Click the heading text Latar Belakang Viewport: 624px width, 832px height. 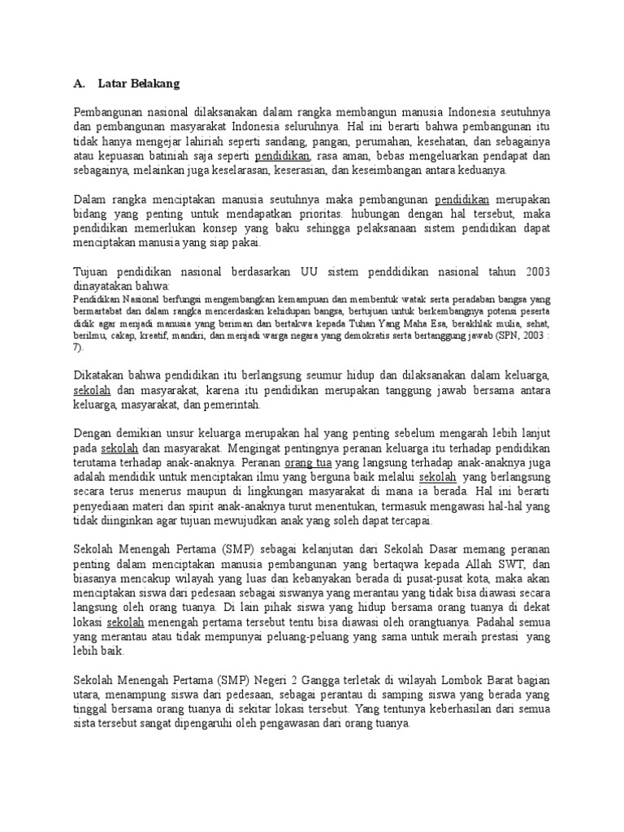point(138,83)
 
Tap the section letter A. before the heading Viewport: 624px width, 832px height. point(80,83)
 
